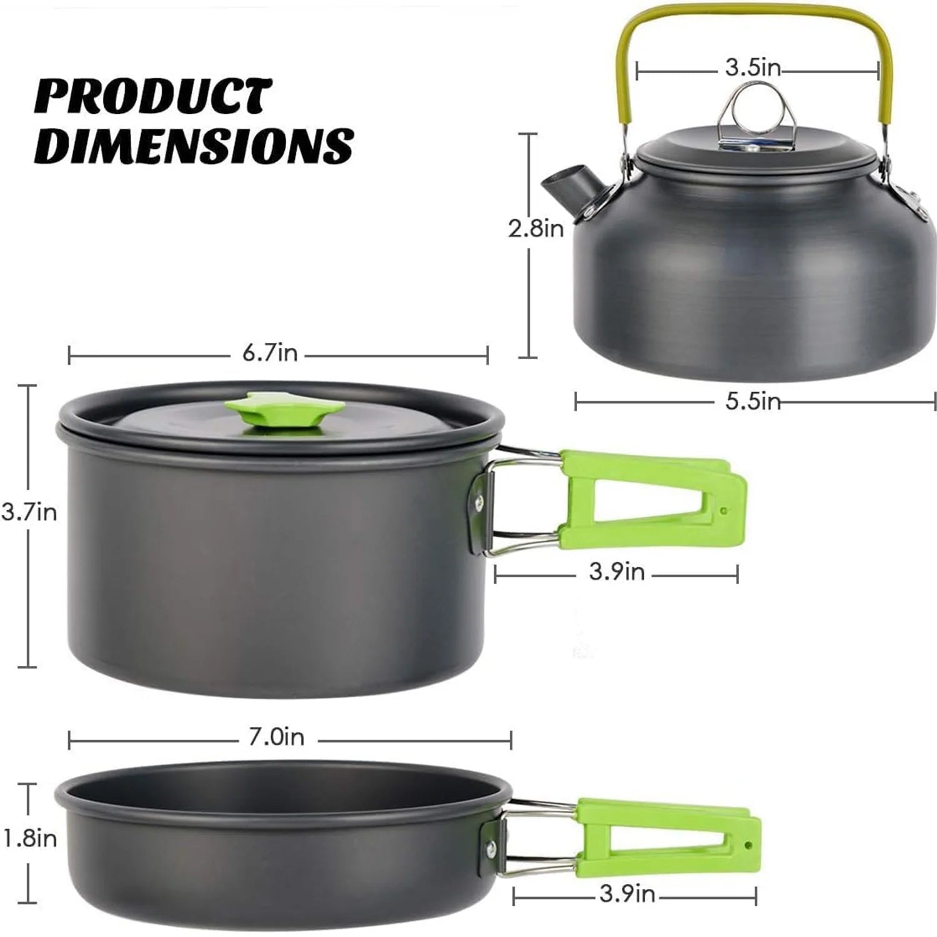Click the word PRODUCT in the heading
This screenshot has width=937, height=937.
click(x=153, y=97)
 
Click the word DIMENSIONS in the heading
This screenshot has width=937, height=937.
click(x=194, y=146)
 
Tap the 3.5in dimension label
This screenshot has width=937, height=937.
click(x=753, y=67)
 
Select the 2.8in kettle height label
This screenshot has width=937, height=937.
click(x=535, y=229)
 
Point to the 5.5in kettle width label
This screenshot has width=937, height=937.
click(x=753, y=401)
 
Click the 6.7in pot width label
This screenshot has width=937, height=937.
click(x=270, y=354)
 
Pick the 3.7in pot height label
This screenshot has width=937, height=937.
click(x=29, y=513)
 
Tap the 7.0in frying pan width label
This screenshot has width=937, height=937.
click(x=276, y=738)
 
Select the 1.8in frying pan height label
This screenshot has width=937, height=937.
click(x=29, y=839)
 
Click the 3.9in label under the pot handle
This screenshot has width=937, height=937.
click(x=617, y=572)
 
